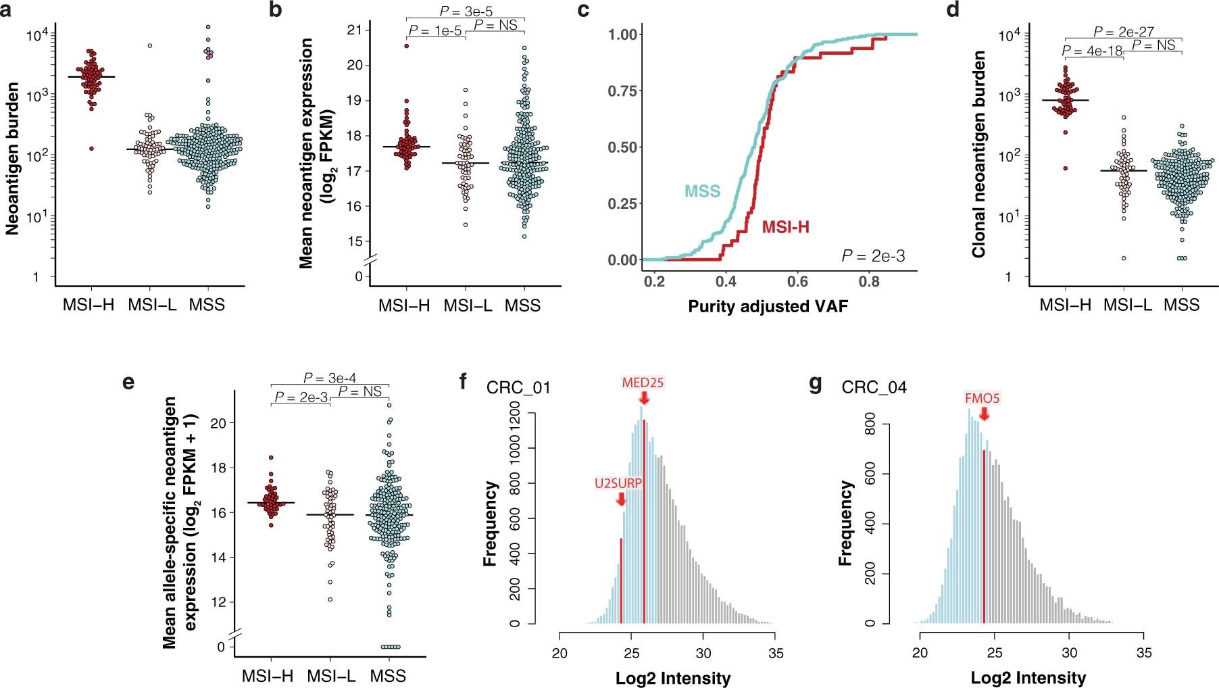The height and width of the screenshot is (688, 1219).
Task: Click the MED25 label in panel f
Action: point(643,383)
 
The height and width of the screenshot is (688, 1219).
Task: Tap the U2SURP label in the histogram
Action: point(618,483)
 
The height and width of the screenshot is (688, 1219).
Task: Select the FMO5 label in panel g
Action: point(982,399)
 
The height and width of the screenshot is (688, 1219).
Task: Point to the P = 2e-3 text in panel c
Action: point(873,255)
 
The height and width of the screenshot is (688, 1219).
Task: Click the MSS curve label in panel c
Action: point(703,191)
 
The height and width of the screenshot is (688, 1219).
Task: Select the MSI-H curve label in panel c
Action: point(785,227)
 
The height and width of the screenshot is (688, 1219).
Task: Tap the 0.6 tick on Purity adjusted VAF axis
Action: point(797,281)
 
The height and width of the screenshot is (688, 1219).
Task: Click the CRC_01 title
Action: point(518,388)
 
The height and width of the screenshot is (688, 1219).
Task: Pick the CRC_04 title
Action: point(874,388)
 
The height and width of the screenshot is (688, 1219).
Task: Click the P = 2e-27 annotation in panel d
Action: point(1123,31)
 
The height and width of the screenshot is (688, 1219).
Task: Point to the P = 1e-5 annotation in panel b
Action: point(435,31)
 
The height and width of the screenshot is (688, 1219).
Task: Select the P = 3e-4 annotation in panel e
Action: point(329,378)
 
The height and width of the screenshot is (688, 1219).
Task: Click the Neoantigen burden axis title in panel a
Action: point(12,159)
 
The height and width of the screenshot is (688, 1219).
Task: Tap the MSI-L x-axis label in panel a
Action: point(152,305)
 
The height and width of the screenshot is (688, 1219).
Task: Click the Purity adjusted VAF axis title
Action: point(768,307)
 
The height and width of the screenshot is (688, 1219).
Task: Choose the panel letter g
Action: point(816,384)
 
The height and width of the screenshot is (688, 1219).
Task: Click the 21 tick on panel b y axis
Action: point(354,30)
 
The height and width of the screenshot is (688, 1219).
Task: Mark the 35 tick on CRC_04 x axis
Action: point(1143,653)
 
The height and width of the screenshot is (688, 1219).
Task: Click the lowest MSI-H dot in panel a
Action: point(90,148)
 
